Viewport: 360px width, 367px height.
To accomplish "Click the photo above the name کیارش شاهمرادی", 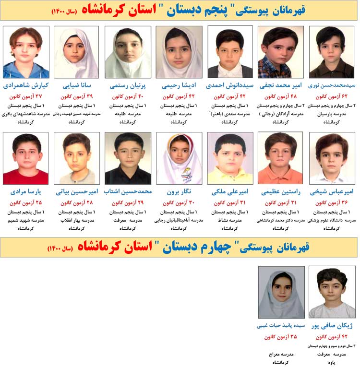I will coord(26,52).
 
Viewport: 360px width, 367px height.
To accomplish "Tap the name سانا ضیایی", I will coord(76,86).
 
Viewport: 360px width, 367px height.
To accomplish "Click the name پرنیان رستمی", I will coord(128,86).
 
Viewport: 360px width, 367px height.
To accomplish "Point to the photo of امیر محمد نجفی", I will coord(280,52).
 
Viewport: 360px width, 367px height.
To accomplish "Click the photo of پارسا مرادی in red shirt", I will coord(26,158).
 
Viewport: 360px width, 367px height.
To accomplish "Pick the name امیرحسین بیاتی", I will coord(76,192).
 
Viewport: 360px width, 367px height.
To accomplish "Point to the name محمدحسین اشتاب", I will coord(128,192).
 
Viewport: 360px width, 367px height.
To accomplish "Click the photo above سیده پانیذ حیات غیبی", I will coord(281,292).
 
